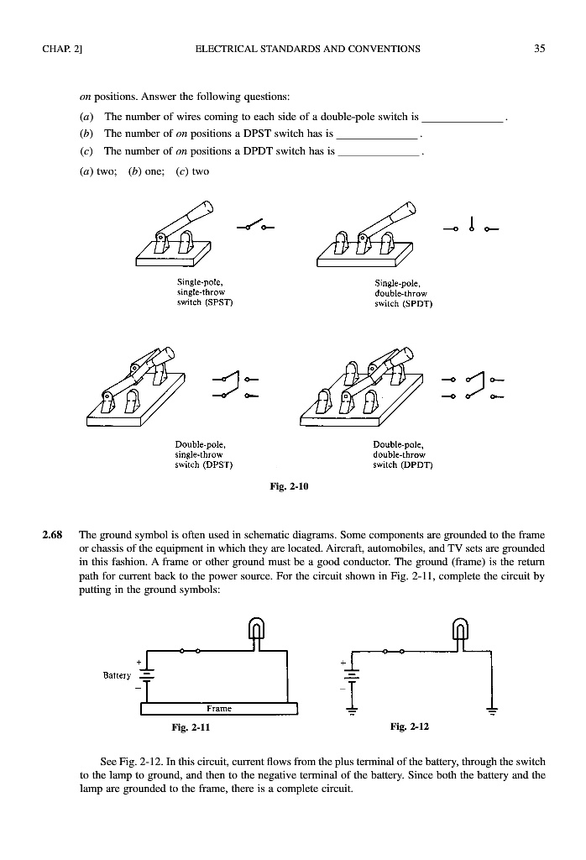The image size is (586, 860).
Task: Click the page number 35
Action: [539, 49]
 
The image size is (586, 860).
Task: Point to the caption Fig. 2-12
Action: [409, 725]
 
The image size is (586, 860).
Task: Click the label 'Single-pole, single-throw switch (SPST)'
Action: [199, 291]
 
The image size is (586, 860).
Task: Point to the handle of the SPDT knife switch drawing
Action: [400, 216]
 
